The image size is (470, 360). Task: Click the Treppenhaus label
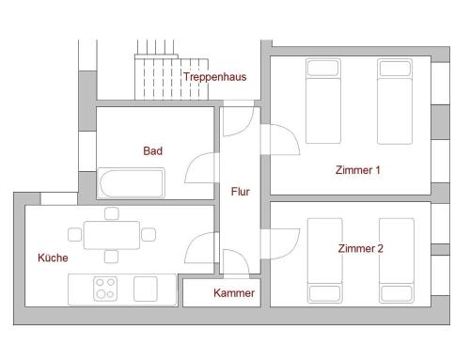pos(215,77)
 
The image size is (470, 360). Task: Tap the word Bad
pos(153,150)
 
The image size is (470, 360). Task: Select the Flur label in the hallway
pos(241,192)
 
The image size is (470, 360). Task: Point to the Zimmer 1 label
pos(358,170)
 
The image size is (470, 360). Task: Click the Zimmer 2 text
pos(361,248)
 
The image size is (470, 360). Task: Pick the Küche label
pos(53,258)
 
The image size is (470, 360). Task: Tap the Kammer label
pos(234,293)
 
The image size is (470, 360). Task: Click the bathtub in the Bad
pos(131,183)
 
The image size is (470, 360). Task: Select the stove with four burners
pos(105,290)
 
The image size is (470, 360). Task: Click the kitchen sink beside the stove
pos(146,289)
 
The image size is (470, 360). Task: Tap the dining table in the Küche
pos(112,235)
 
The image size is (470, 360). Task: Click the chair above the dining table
pos(112,213)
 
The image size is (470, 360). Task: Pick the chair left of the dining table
pos(75,235)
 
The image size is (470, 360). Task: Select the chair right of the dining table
pos(149,235)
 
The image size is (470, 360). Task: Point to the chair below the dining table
pos(111,257)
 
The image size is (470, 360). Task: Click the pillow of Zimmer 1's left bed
pos(323,68)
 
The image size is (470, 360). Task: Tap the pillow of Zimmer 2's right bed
pos(397,293)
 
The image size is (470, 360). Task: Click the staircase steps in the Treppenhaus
pos(172,78)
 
